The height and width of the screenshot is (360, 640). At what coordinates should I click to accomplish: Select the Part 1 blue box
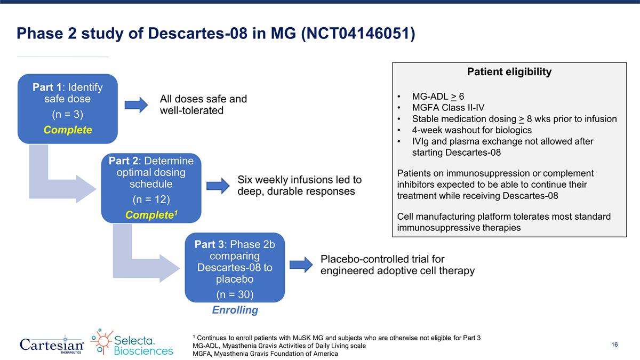[67, 108]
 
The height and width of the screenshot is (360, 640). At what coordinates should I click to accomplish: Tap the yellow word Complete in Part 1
[67, 130]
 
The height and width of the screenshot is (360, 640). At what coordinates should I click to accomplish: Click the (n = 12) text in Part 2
[151, 199]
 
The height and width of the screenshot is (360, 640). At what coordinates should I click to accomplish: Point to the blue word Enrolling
[235, 310]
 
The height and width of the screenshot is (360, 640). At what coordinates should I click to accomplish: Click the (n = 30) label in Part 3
[235, 294]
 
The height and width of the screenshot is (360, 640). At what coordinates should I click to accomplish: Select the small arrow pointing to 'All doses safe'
[136, 105]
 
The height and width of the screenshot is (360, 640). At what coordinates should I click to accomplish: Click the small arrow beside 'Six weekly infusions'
[217, 186]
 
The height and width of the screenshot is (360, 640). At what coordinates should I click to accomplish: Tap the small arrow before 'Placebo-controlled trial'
[300, 265]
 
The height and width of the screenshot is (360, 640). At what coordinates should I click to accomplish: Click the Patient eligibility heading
[509, 72]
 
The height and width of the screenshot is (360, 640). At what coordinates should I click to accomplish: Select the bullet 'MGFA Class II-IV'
[448, 108]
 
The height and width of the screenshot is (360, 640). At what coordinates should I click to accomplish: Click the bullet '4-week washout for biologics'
[471, 130]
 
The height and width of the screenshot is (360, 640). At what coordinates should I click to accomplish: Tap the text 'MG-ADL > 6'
[438, 97]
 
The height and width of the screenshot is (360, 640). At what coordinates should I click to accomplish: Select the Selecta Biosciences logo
[132, 342]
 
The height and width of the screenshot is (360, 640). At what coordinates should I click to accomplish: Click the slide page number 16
[614, 345]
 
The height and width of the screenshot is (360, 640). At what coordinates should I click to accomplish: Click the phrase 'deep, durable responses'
[296, 191]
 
